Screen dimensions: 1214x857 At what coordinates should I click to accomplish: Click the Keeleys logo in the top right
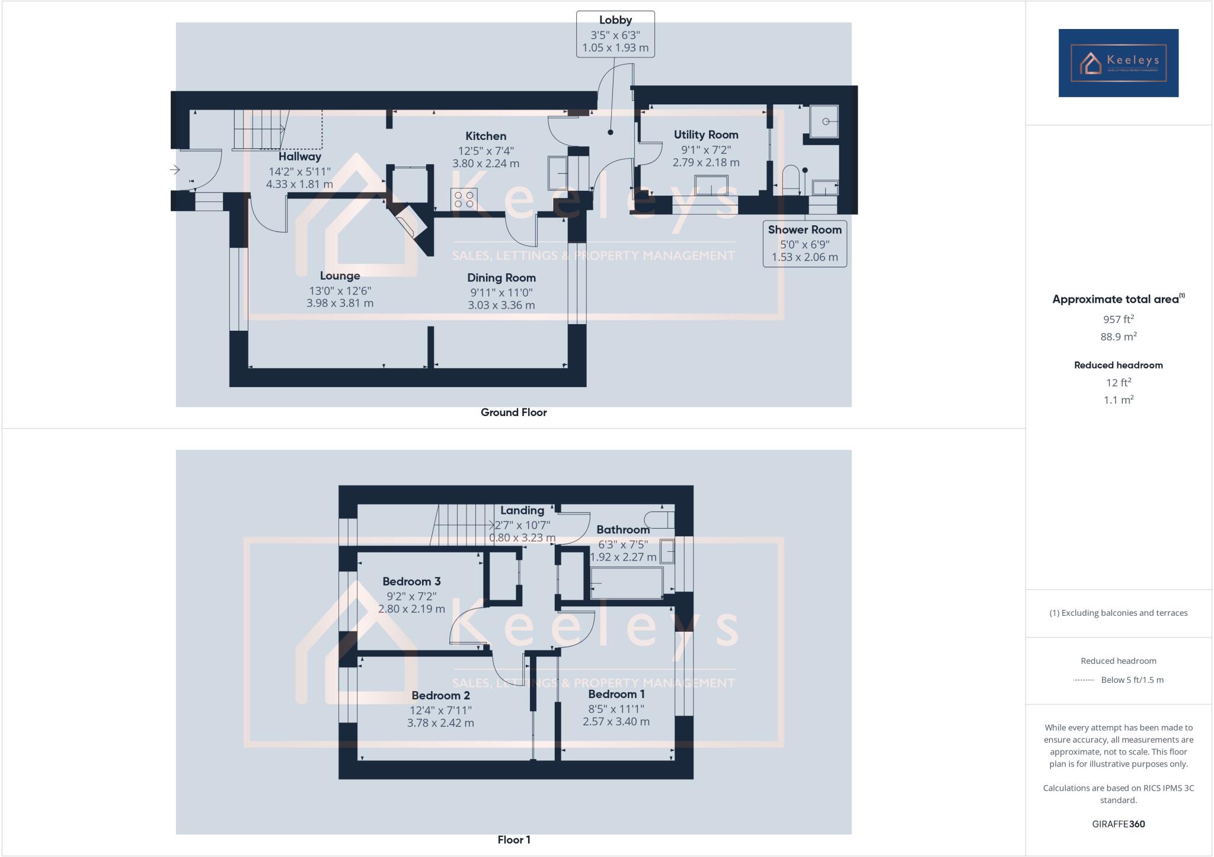(x=1118, y=63)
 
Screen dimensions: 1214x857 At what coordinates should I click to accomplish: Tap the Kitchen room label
(x=485, y=136)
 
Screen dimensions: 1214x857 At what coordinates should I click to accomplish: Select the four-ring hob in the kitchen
(x=464, y=199)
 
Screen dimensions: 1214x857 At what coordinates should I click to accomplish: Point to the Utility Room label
(x=705, y=135)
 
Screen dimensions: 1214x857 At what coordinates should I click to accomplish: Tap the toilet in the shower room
(x=791, y=180)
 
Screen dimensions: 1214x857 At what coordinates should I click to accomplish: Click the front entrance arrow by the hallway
(x=174, y=170)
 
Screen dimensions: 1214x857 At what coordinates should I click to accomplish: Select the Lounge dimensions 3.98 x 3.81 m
(x=340, y=303)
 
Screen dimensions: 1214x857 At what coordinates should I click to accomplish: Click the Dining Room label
(x=501, y=278)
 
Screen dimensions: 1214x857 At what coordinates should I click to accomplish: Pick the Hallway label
(x=299, y=157)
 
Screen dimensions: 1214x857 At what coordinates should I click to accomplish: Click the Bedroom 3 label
(x=411, y=581)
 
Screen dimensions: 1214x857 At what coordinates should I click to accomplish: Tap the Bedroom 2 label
(x=440, y=696)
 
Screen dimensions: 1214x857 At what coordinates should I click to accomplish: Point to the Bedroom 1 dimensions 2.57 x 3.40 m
(x=616, y=722)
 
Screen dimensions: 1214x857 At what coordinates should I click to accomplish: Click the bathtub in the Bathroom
(x=626, y=583)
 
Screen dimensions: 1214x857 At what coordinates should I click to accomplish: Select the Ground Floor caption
(x=513, y=412)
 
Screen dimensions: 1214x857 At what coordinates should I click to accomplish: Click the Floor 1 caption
(x=513, y=840)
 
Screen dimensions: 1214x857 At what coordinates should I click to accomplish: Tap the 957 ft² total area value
(x=1118, y=319)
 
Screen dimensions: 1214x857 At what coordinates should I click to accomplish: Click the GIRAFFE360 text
(x=1118, y=824)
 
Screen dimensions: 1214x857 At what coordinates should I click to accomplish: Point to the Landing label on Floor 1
(x=522, y=510)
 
